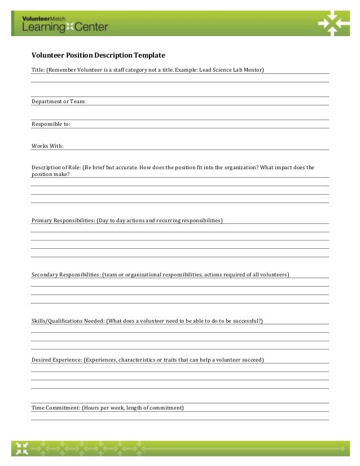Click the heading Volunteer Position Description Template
coord(98,56)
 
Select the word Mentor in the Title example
coord(253,70)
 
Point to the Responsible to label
coord(51,124)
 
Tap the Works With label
coord(47,146)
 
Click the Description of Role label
coord(56,168)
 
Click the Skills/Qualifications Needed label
coord(68,321)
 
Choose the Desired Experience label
coord(56,359)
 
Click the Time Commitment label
coord(55,408)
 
